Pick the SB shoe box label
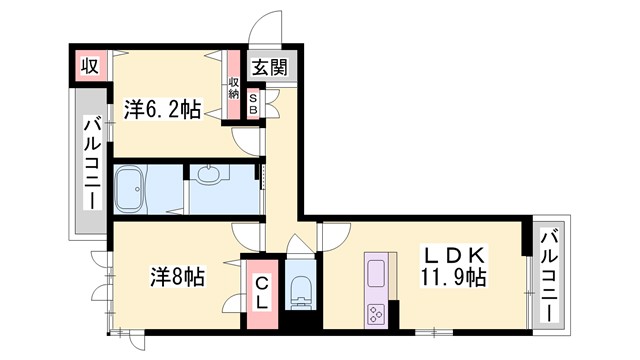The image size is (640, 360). coord(253,104)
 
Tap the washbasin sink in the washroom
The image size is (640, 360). coord(208,176)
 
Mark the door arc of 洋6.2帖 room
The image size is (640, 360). coord(245,140)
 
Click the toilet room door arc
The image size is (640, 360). coord(299,244)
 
